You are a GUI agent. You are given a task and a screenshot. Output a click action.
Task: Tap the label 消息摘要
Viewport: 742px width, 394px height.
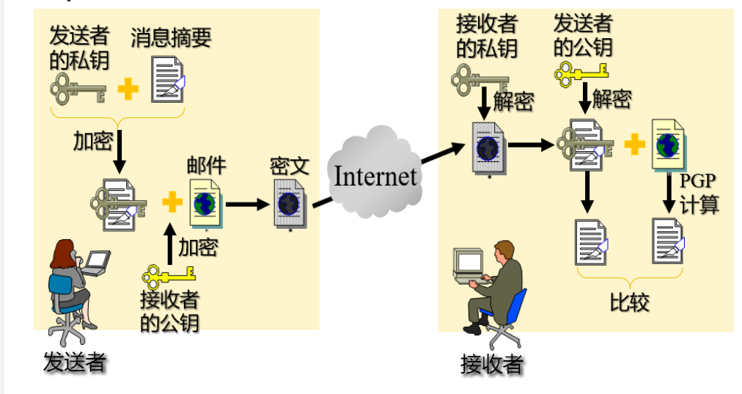[x=171, y=37]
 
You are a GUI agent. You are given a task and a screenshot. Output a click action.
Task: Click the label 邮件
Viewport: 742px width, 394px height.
[x=206, y=165]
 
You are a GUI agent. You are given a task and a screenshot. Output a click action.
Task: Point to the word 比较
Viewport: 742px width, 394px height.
[x=629, y=302]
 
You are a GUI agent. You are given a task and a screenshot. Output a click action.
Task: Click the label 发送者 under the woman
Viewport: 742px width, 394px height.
[x=75, y=362]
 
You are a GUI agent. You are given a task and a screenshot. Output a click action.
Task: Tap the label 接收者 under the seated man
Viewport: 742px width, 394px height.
[x=491, y=364]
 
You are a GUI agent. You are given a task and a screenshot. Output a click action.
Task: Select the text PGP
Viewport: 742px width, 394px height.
[x=697, y=180]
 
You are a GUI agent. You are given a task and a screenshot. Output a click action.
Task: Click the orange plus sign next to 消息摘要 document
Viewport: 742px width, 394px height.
[x=128, y=90]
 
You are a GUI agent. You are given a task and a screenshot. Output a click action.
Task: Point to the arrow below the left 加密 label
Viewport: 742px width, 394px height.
[x=120, y=153]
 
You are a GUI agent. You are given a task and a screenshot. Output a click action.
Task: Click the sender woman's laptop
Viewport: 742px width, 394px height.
[x=96, y=262]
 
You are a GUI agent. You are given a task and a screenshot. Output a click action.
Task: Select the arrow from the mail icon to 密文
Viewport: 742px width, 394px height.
[x=247, y=203]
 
